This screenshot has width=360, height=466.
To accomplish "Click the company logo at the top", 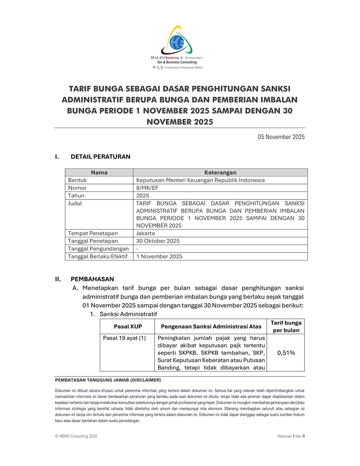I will click(x=177, y=47).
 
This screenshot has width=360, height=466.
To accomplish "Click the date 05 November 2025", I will click(x=281, y=137).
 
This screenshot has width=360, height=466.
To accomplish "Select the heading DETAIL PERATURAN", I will click(x=100, y=157).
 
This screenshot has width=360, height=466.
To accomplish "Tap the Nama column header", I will click(x=99, y=172).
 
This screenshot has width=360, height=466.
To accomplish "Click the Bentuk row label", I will click(x=77, y=180).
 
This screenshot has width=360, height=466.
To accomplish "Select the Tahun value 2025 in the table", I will click(x=143, y=196).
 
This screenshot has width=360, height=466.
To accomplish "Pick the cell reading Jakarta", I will click(x=146, y=233).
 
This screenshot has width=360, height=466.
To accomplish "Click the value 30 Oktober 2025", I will click(x=157, y=241).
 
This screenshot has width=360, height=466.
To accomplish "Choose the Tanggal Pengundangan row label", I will click(x=98, y=249).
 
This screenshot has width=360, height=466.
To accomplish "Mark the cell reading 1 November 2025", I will click(x=159, y=256).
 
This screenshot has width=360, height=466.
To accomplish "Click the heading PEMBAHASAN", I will click(x=92, y=279).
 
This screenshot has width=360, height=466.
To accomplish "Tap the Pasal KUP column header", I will click(x=128, y=327).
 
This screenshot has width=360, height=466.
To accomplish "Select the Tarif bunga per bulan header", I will click(x=286, y=327).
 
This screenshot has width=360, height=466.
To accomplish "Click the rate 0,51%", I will click(x=286, y=353).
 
